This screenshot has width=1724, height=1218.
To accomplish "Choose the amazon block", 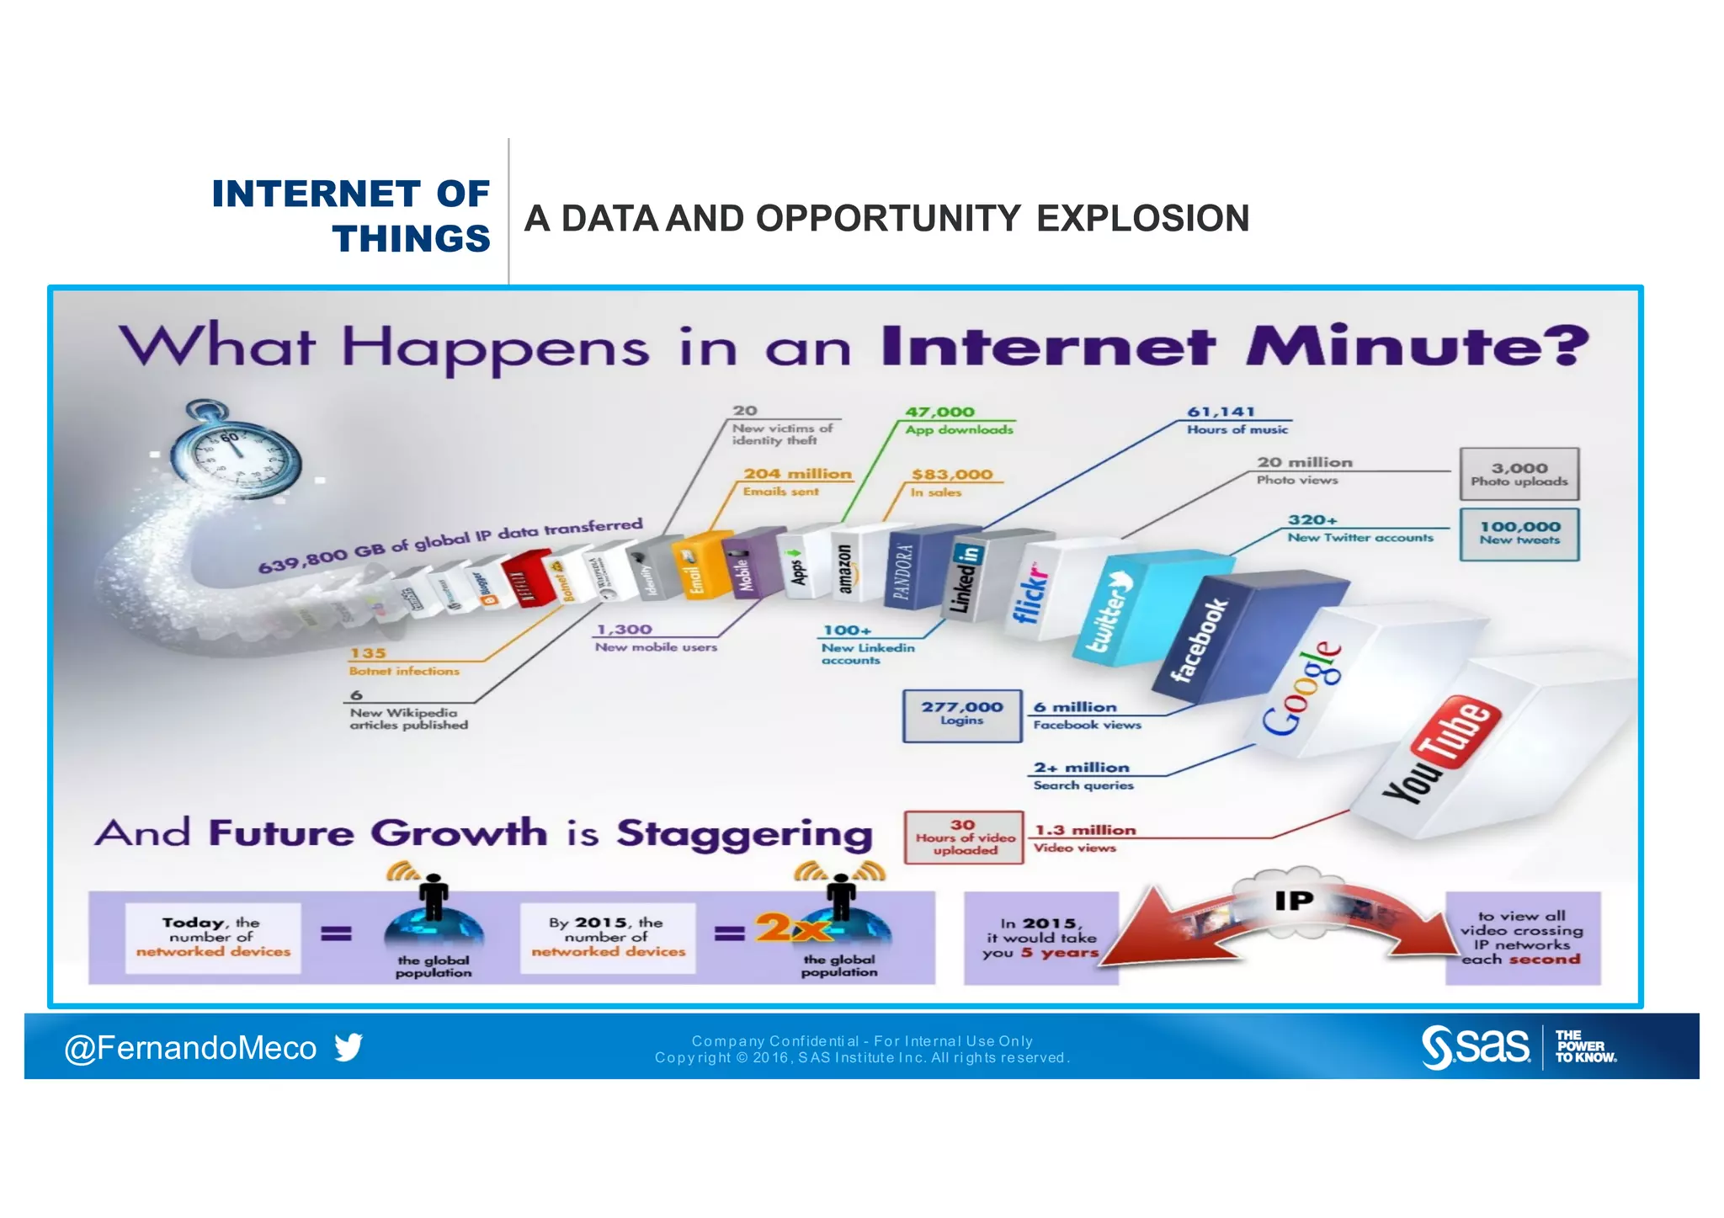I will click(844, 569).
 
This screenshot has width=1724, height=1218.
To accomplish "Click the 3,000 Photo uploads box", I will click(1519, 474).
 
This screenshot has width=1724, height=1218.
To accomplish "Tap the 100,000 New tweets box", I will click(1519, 533).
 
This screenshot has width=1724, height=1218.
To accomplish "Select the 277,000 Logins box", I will click(961, 715).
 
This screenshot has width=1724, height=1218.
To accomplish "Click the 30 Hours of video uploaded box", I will click(964, 837).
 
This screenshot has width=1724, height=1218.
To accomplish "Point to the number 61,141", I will click(1221, 412).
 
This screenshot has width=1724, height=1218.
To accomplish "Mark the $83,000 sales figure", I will click(952, 475).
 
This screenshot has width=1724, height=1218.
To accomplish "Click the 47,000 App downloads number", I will click(939, 412).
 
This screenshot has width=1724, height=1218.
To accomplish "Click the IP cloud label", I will click(1293, 901).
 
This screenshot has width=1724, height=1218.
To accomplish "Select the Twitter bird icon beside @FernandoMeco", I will click(348, 1047).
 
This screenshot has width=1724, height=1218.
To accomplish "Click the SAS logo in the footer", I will click(1475, 1047).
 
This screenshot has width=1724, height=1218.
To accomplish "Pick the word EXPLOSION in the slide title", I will click(1142, 219).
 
